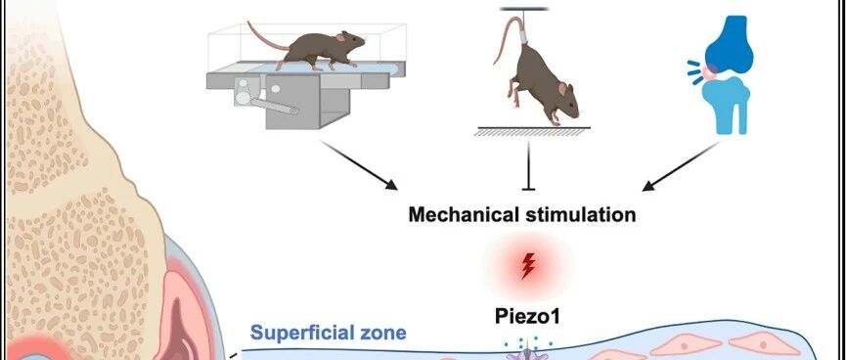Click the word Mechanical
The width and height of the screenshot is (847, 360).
point(463,214)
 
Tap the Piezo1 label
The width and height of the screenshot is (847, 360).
point(527,316)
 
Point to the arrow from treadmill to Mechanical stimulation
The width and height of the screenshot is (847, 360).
point(360,165)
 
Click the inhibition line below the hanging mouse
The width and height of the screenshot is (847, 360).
point(528,165)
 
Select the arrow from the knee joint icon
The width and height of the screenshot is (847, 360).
point(681,166)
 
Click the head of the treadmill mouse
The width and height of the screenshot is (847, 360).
point(351,42)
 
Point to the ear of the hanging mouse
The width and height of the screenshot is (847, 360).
point(562,89)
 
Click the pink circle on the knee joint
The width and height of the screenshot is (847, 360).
point(709,70)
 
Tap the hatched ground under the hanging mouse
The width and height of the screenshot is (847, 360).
point(532,131)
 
